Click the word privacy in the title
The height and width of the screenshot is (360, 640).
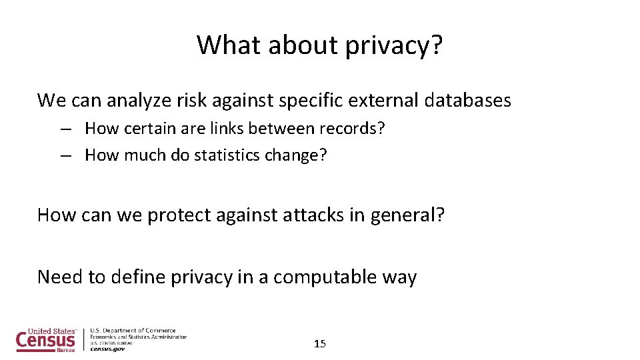395,45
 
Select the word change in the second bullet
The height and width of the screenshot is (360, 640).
300,155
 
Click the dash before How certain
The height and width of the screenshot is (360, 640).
65,129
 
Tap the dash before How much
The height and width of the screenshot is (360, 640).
65,156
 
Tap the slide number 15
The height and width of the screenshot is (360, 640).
320,344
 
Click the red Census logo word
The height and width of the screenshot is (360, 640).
45,341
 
